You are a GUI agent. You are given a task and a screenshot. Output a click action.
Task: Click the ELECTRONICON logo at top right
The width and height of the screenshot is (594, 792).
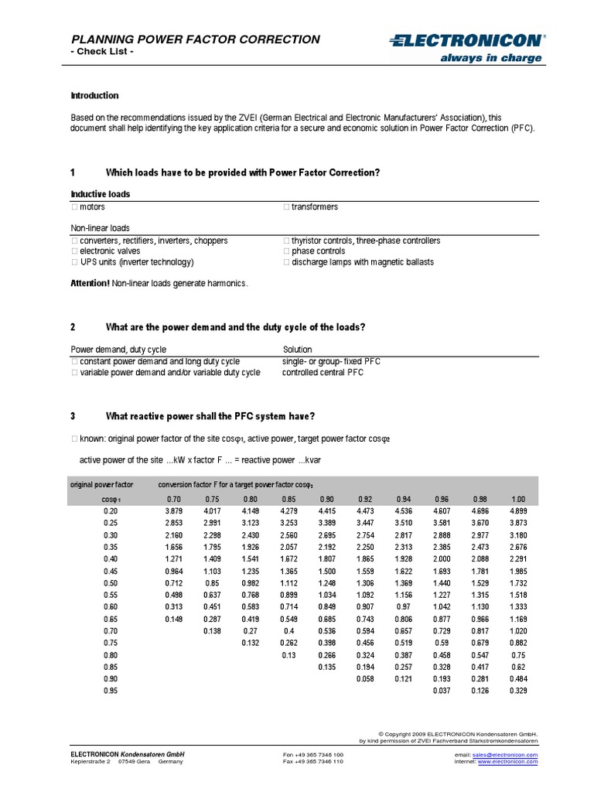467,39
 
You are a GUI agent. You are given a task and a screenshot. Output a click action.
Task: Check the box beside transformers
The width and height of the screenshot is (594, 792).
286,207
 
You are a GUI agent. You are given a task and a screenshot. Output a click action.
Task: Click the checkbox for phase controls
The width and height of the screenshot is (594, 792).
286,251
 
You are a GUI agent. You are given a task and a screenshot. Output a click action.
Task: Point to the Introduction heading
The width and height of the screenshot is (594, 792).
94,96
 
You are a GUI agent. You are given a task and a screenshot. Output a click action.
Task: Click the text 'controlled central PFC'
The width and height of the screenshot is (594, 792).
323,372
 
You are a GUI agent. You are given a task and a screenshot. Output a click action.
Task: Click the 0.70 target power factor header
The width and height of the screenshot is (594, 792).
174,499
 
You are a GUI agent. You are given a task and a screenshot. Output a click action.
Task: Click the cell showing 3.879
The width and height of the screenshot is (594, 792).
174,511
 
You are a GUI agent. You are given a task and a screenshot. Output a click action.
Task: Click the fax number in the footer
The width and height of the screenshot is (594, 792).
313,762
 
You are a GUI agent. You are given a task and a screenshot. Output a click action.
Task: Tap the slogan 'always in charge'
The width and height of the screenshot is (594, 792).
502,58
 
